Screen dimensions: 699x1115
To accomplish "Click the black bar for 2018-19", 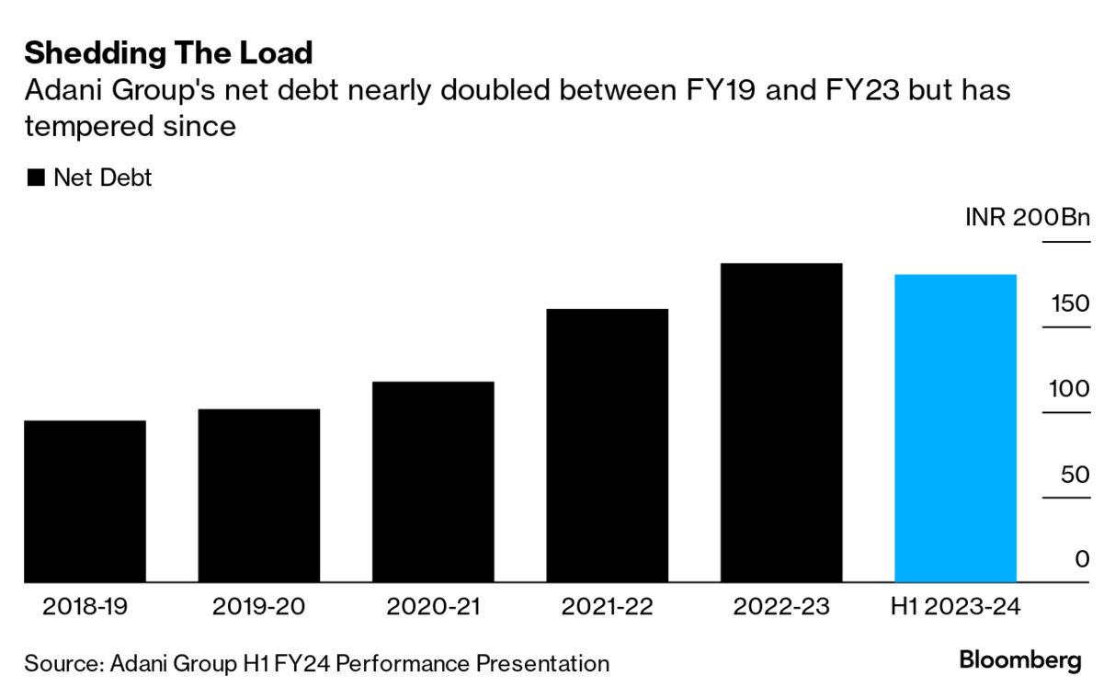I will (85, 501).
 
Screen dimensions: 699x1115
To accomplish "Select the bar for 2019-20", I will (259, 496).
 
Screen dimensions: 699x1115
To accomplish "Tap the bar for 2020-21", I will (433, 482).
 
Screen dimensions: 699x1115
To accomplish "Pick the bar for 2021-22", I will (608, 445).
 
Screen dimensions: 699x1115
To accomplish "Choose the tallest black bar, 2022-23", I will (781, 423).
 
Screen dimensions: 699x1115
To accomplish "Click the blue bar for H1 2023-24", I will (955, 429).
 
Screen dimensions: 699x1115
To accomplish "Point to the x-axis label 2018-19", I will (85, 607).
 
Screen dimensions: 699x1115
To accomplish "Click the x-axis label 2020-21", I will (433, 607).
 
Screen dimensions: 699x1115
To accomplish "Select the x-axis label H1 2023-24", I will (955, 607).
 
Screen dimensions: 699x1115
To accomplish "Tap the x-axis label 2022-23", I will (781, 607).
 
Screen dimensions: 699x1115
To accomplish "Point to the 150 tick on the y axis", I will (1070, 304).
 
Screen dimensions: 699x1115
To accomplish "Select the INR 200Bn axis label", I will (1027, 219).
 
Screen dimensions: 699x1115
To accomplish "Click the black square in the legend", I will (36, 178).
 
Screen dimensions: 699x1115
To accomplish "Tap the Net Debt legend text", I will (103, 178).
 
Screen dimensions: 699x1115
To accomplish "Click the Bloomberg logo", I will (1020, 660).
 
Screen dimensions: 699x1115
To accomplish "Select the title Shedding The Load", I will (168, 53).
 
